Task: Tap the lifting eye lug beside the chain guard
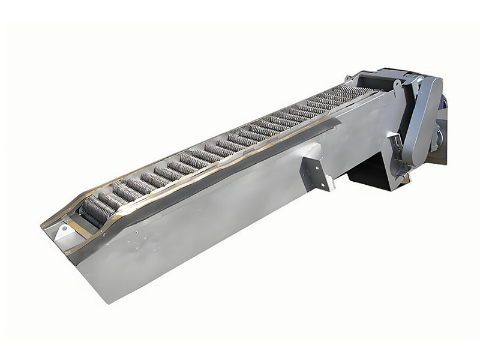pos(397,86)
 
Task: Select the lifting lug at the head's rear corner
pos(348,77)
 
